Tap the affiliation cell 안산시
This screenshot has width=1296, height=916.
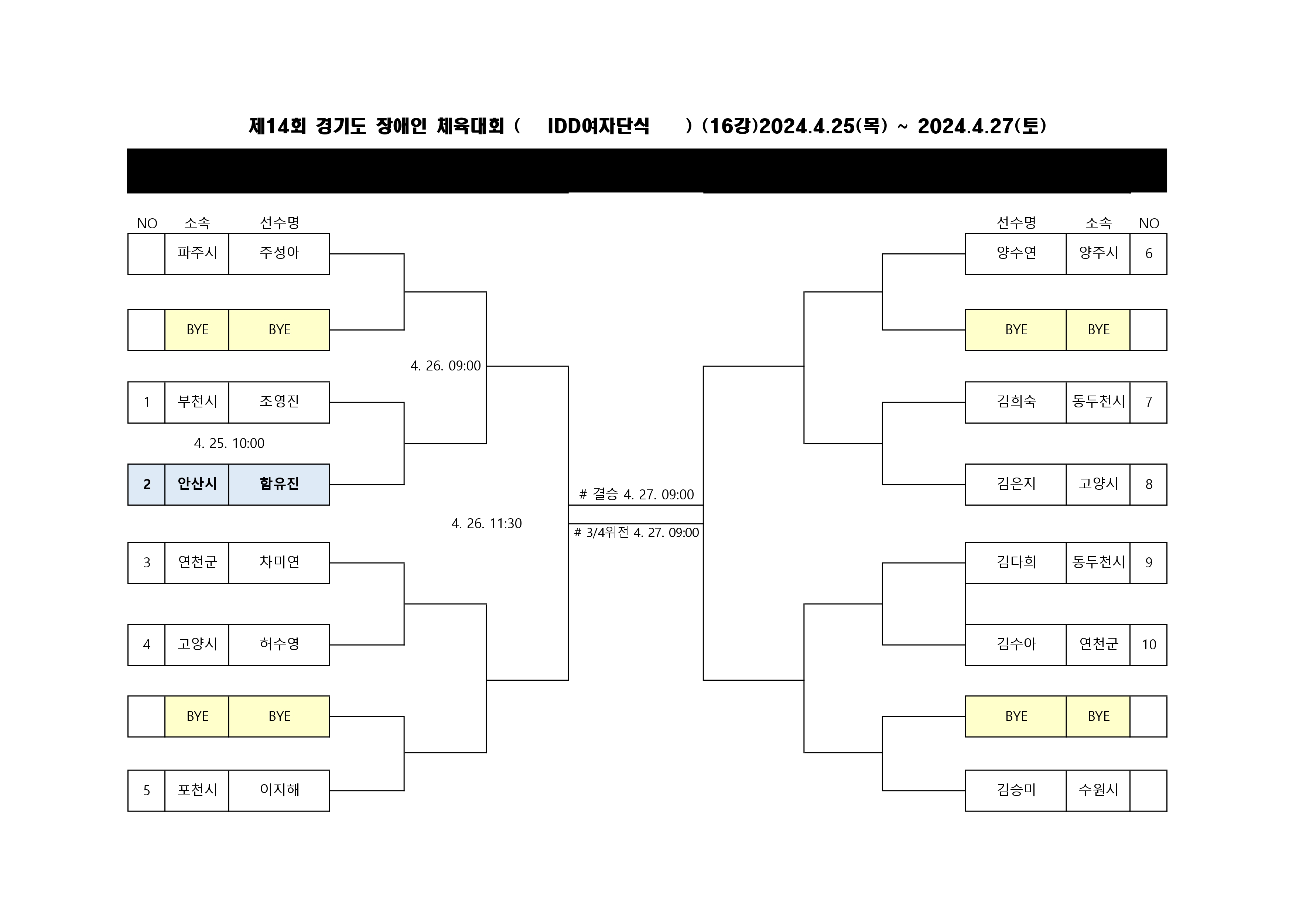pyautogui.click(x=197, y=484)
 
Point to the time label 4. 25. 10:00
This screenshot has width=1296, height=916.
pyautogui.click(x=229, y=443)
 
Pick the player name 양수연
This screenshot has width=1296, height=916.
pyautogui.click(x=1016, y=253)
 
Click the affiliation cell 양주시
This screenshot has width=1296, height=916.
pyautogui.click(x=1098, y=253)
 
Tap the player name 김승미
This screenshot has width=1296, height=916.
pyautogui.click(x=1016, y=790)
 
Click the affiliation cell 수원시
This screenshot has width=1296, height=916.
pyautogui.click(x=1098, y=790)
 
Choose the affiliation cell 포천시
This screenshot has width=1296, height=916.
pyautogui.click(x=197, y=790)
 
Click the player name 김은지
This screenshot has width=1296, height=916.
pyautogui.click(x=1016, y=484)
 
